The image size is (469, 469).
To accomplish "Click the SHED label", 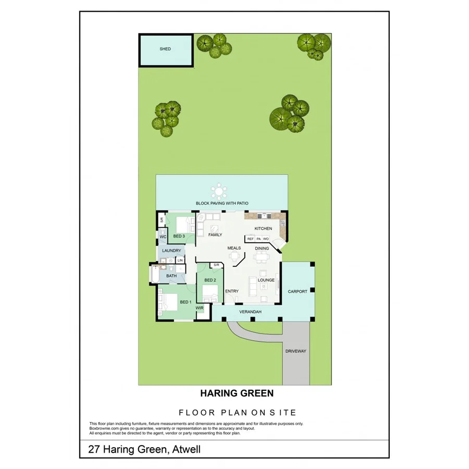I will [x=165, y=49].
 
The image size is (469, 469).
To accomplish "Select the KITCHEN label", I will [x=263, y=229].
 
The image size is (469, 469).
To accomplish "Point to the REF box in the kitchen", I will [x=250, y=239].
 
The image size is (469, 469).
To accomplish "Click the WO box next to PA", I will [x=266, y=239].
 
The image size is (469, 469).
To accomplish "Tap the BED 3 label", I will [x=179, y=236].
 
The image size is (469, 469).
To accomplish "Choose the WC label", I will [x=163, y=237].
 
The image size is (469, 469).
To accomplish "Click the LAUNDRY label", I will [x=171, y=251].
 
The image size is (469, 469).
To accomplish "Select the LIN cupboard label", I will [x=180, y=260].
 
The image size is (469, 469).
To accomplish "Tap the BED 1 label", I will [x=185, y=302].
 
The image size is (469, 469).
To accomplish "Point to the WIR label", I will [x=200, y=308].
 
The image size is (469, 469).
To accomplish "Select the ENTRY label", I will [x=231, y=291].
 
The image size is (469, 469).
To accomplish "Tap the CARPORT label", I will [x=298, y=291].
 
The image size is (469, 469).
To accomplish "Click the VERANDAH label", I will [x=250, y=312].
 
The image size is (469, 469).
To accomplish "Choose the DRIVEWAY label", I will [x=296, y=351].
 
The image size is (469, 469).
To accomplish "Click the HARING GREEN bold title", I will [x=237, y=393].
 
